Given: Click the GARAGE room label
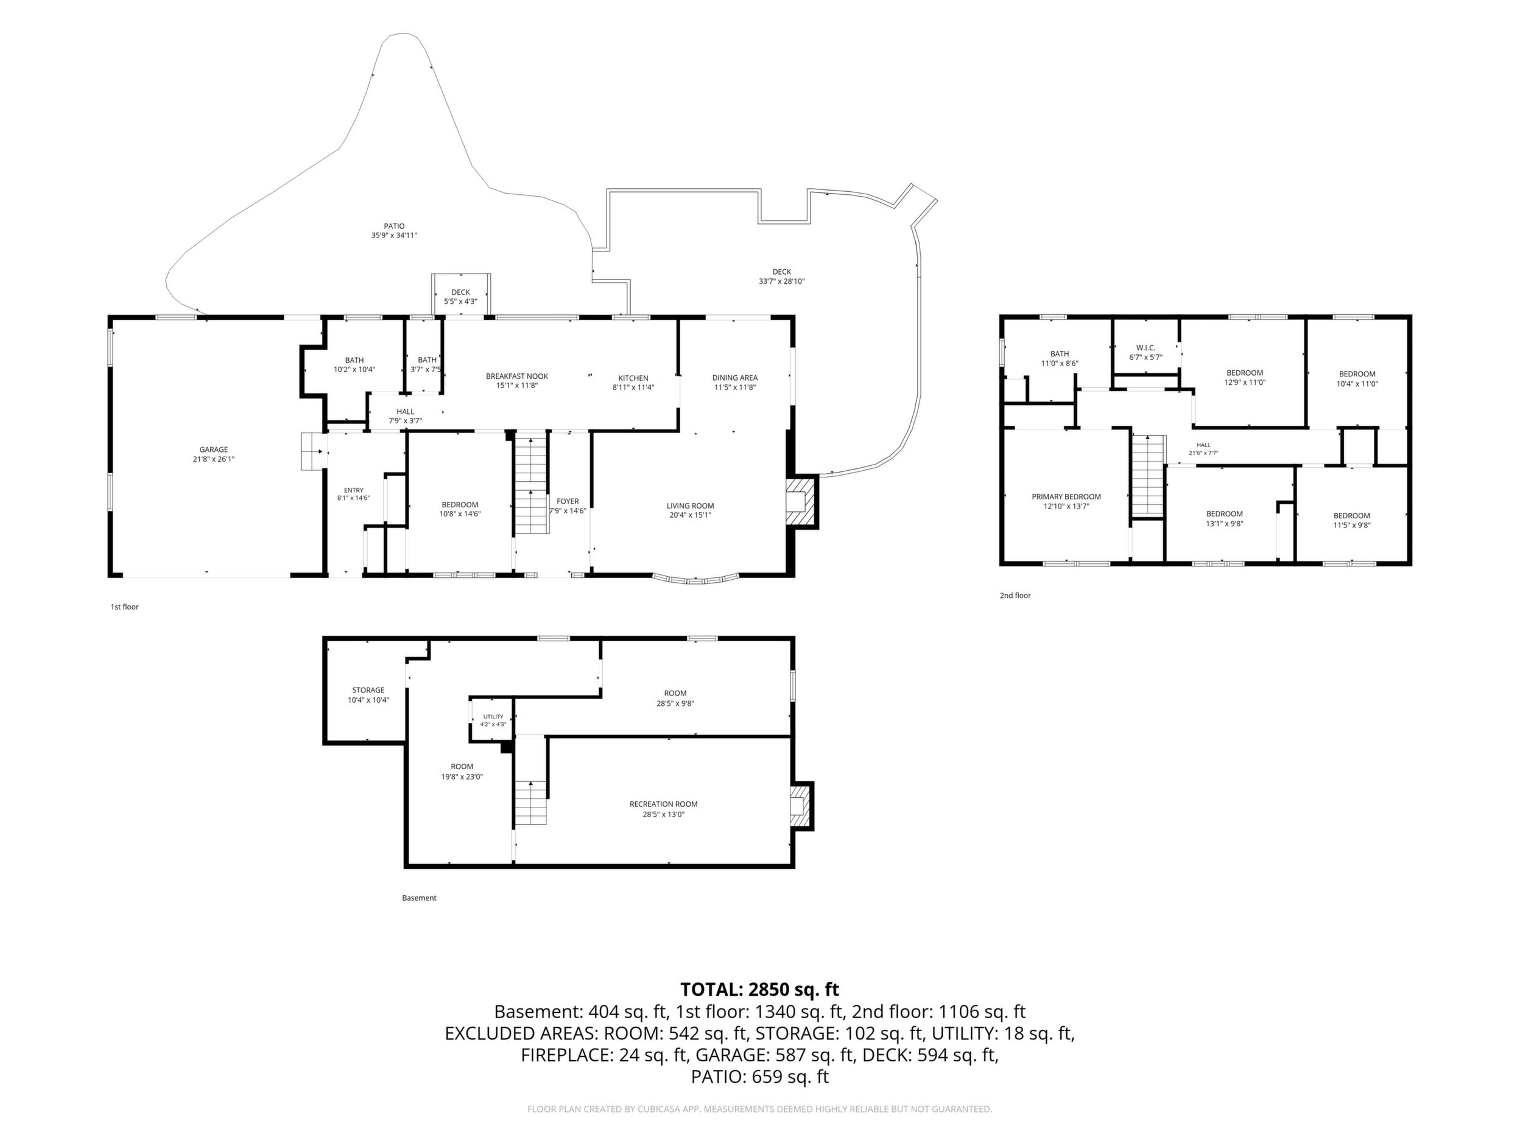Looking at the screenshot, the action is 214,449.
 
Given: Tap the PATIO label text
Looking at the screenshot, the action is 395,226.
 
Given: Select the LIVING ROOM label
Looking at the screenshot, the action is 690,505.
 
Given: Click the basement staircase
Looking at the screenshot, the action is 531,781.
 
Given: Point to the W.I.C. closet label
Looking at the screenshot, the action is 1146,348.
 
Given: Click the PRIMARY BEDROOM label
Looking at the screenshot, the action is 1066,497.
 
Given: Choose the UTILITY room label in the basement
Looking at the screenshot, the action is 493,717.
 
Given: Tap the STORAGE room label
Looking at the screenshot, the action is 368,690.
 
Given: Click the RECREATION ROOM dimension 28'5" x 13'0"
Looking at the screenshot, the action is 664,815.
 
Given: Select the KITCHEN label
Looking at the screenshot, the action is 633,378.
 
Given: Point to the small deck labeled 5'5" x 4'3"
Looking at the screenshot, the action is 461,295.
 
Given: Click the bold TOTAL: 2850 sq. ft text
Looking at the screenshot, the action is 760,990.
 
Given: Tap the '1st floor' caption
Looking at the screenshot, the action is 125,607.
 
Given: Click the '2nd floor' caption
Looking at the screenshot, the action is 1015,595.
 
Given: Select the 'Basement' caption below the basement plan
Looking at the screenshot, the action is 419,898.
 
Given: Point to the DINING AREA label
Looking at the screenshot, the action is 734,377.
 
